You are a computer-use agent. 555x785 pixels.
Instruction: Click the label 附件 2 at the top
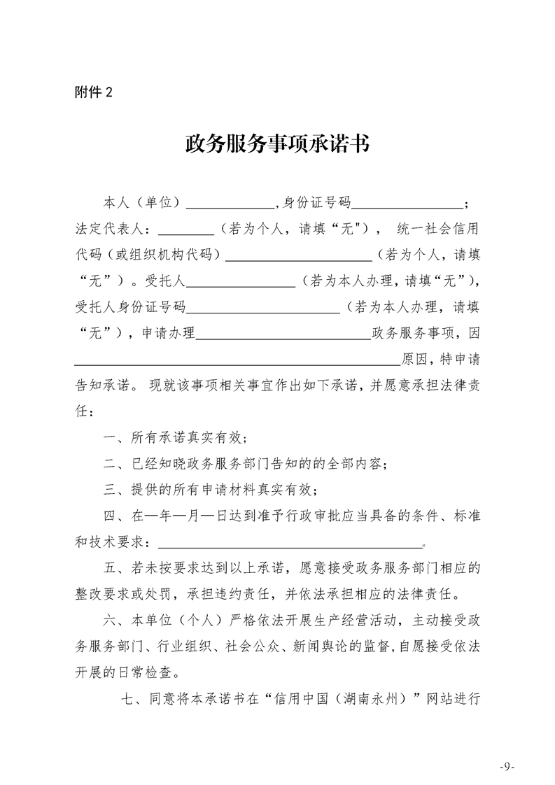[92, 92]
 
